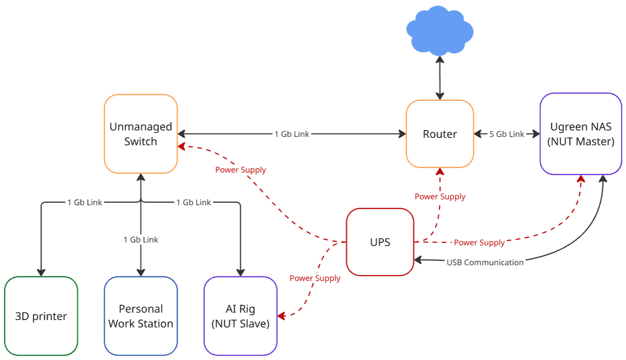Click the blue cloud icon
click(439, 31)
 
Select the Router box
click(440, 134)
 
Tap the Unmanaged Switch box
click(140, 134)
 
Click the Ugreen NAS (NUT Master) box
click(580, 134)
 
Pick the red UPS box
click(380, 242)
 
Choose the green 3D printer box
click(41, 316)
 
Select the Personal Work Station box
click(140, 316)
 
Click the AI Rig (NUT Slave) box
click(240, 316)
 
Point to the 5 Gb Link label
click(507, 134)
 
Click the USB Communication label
click(485, 262)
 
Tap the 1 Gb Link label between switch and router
click(292, 134)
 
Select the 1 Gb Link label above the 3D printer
click(85, 203)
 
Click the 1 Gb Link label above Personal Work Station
click(140, 240)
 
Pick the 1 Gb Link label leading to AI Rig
click(193, 203)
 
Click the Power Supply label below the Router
click(440, 196)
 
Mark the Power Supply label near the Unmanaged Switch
click(240, 170)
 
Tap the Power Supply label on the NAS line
click(479, 242)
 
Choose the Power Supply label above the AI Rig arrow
click(315, 278)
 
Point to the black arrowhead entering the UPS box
click(417, 260)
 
